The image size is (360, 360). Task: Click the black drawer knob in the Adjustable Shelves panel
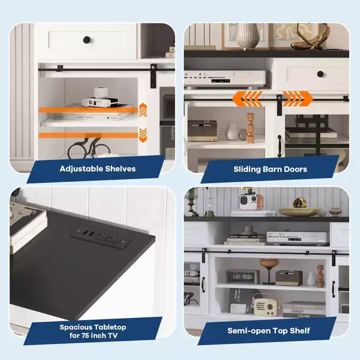[86, 40]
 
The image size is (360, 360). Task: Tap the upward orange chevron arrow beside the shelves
[143, 110]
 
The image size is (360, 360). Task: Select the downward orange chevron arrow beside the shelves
[143, 135]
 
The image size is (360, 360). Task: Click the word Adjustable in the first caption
[81, 169]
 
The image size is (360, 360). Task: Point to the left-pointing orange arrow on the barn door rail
[247, 99]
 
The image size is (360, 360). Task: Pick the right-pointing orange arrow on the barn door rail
[298, 99]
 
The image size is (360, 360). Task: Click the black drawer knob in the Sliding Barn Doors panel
[320, 74]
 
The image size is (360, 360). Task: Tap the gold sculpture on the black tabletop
[310, 37]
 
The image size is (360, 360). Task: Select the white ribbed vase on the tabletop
[247, 36]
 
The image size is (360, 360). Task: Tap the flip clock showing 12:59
[243, 277]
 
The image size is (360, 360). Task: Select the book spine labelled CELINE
[304, 315]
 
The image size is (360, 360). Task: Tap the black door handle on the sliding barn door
[279, 146]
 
